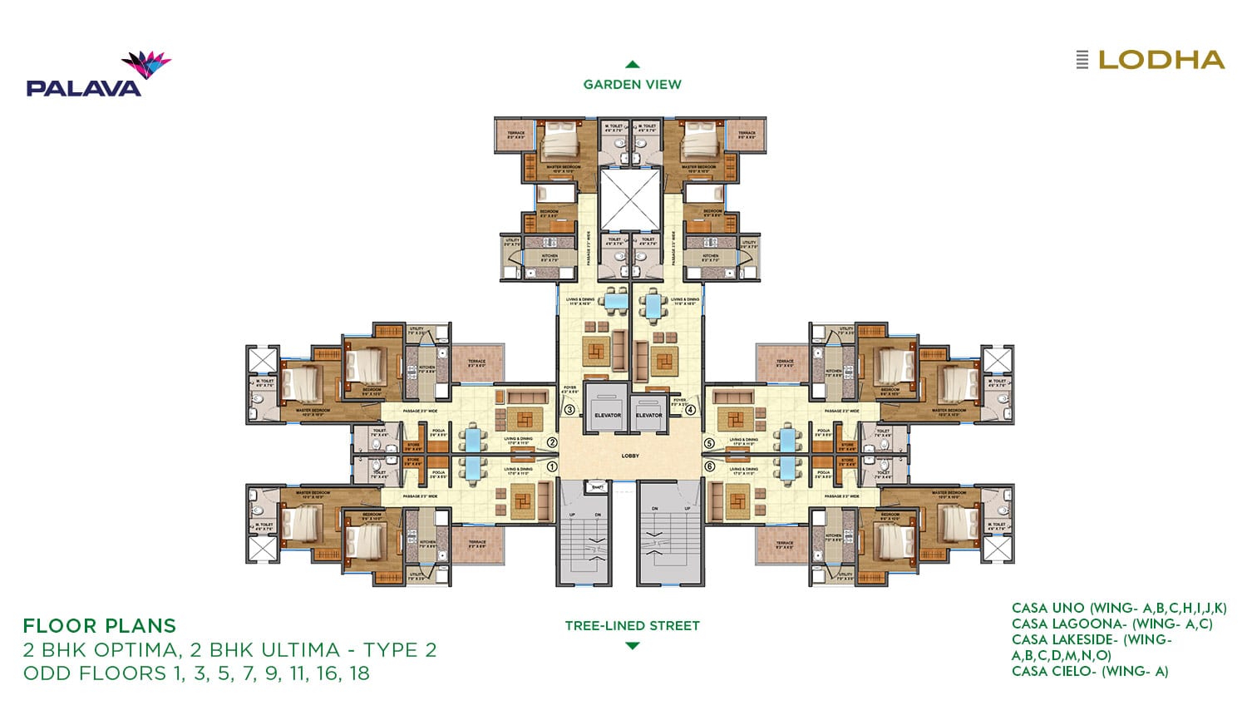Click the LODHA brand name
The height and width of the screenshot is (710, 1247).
point(1161,60)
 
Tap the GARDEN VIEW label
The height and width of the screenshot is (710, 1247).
point(632,84)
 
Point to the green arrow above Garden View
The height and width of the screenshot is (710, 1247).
point(632,64)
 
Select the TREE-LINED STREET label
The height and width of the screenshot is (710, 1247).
point(632,625)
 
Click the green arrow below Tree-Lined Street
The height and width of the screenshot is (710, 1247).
point(632,645)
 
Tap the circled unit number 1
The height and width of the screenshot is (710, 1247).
point(551,466)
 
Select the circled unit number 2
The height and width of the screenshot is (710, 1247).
point(551,443)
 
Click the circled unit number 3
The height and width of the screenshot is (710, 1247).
point(569,409)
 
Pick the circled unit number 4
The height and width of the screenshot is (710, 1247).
point(690,409)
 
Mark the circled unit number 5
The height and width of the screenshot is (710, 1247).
point(709,443)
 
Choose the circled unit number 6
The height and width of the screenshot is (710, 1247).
point(709,466)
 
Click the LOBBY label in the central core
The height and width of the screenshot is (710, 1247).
point(630,456)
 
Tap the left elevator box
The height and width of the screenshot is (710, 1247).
point(607,407)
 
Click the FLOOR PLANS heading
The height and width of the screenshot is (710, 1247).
point(100,625)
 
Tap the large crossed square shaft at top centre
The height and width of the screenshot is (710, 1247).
point(629,199)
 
